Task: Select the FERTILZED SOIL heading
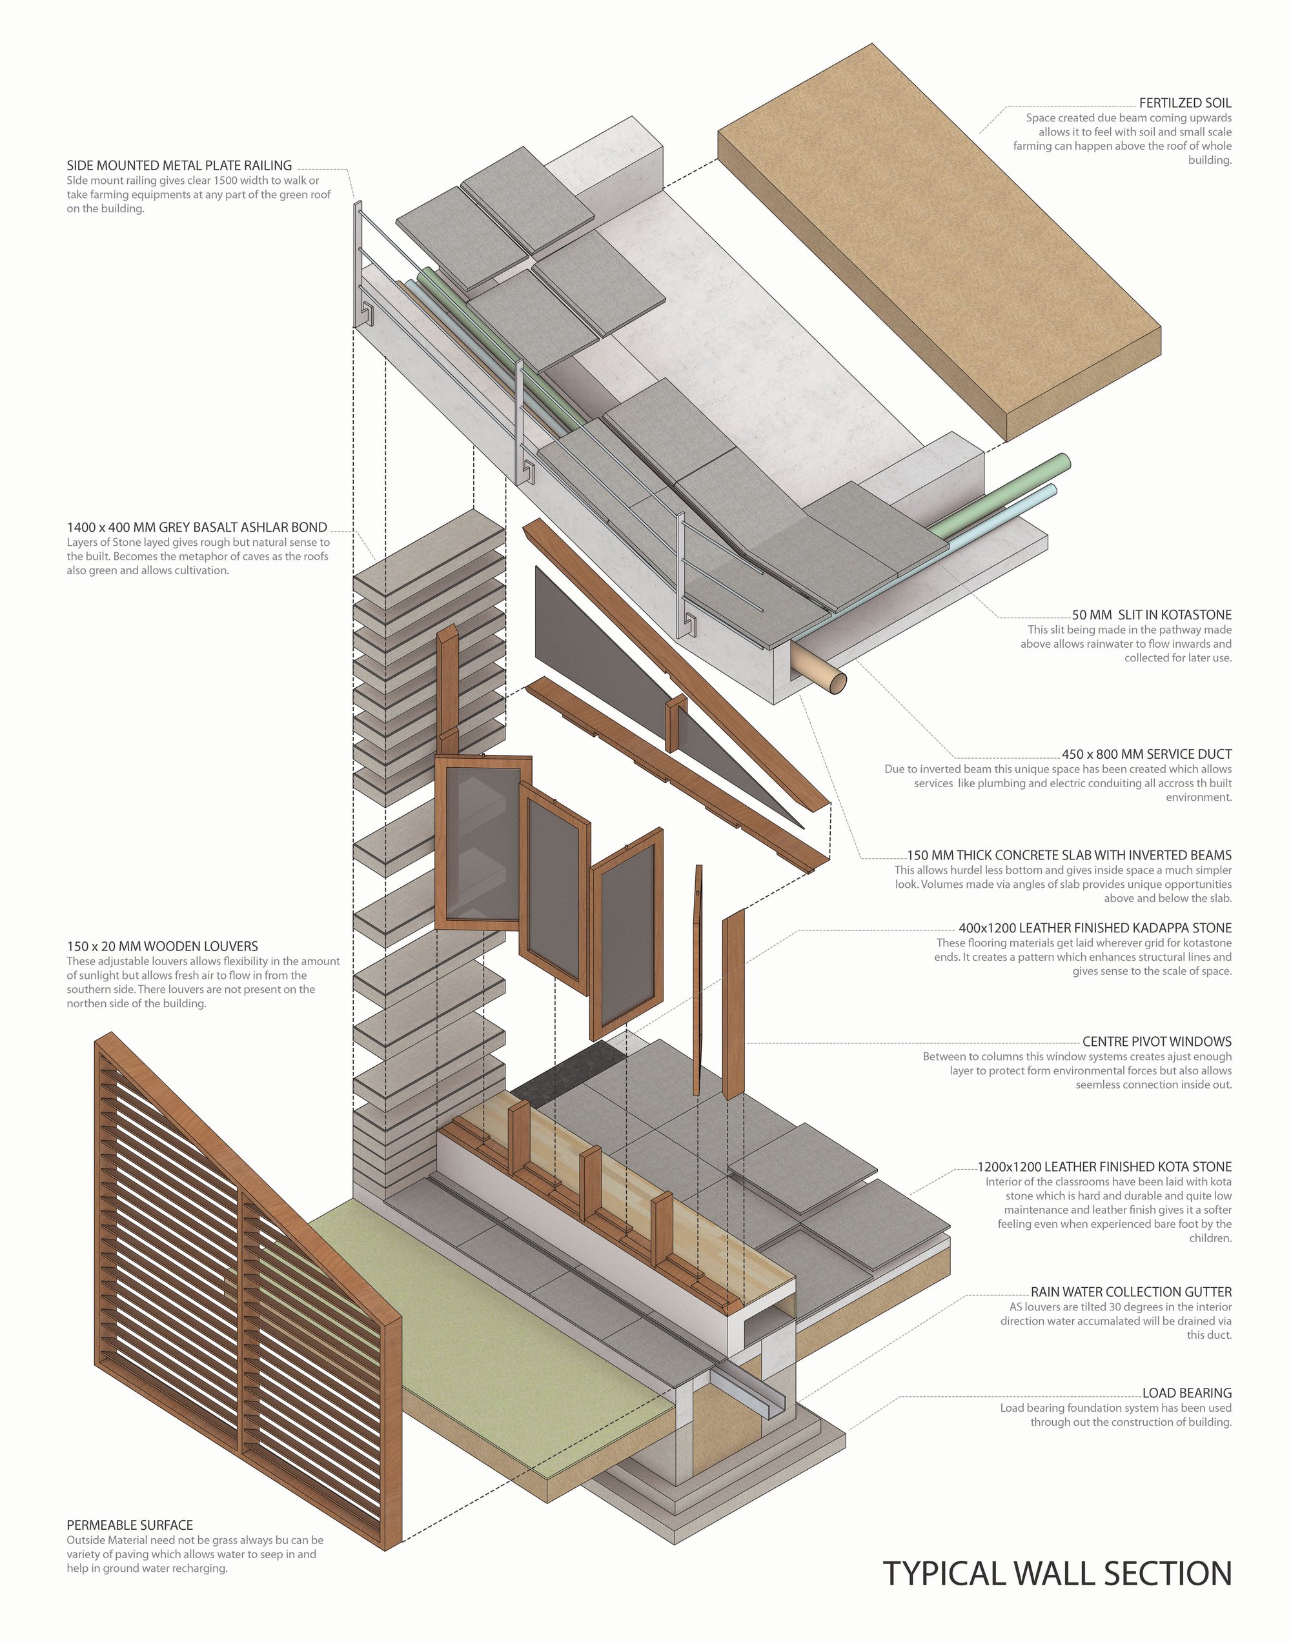1185,103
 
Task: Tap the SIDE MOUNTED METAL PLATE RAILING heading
179,165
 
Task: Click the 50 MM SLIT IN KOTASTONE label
1152,615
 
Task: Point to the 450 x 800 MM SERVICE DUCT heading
1146,754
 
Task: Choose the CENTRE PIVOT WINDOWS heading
1157,1042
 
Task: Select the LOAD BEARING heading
1186,1392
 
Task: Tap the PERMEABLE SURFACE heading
130,1525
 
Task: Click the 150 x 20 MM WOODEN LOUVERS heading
163,946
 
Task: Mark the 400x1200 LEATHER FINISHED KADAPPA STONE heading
1095,928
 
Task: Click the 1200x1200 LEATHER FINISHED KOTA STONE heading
1104,1167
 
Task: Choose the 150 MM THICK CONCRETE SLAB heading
1069,856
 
